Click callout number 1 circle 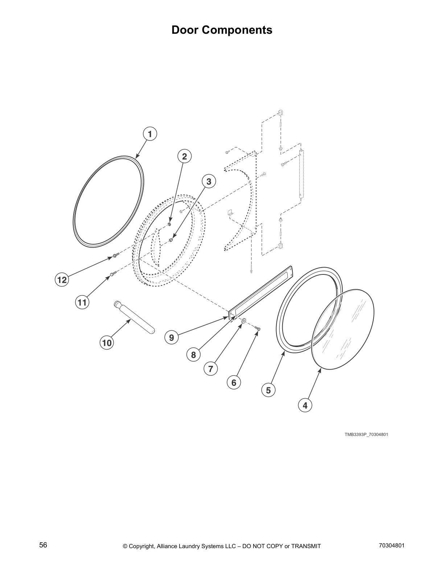150,134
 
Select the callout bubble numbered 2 184,156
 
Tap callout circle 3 209,181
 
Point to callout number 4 305,405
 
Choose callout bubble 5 268,390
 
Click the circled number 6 234,382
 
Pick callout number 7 210,369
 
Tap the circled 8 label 193,355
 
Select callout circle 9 172,338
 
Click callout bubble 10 107,343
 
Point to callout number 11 82,302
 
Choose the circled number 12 62,280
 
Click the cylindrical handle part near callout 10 135,317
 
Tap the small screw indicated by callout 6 258,329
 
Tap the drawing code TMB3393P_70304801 366,435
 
